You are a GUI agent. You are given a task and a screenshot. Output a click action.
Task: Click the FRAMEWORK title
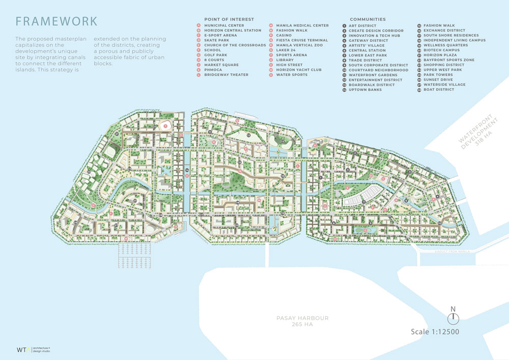coord(56,21)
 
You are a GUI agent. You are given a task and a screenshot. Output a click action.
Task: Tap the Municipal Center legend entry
coord(224,25)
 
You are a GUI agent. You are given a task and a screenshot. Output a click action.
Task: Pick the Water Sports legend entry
coord(292,75)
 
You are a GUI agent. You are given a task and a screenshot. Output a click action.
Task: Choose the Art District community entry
coord(362,25)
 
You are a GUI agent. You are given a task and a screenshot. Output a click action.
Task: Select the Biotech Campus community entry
coord(441,50)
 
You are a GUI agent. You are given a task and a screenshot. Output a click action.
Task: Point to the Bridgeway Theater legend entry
coord(226,75)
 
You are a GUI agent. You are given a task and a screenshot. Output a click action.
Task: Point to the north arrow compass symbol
coord(453,316)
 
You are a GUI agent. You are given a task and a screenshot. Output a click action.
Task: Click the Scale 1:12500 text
coord(435,332)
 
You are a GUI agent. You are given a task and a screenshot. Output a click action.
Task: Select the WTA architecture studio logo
coord(32,349)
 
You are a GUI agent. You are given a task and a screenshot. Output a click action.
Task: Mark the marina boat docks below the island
coord(134,254)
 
